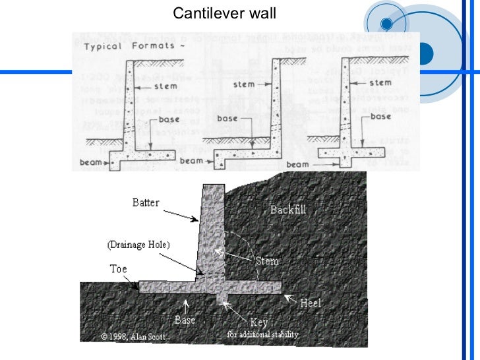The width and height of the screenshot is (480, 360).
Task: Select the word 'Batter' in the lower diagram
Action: (x=145, y=202)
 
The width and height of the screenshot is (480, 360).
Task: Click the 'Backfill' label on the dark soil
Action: (x=288, y=210)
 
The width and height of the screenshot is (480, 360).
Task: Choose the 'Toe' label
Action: (x=118, y=269)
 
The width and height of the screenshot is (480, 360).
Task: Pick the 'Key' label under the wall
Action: (x=259, y=323)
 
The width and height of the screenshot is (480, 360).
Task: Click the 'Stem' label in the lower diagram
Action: (x=267, y=261)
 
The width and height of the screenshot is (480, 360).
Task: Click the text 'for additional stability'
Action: (x=263, y=334)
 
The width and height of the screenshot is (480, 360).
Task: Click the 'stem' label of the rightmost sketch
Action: (x=380, y=83)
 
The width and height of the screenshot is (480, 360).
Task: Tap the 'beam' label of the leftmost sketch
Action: (x=88, y=161)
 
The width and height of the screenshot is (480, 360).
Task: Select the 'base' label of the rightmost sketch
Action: (x=381, y=116)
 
